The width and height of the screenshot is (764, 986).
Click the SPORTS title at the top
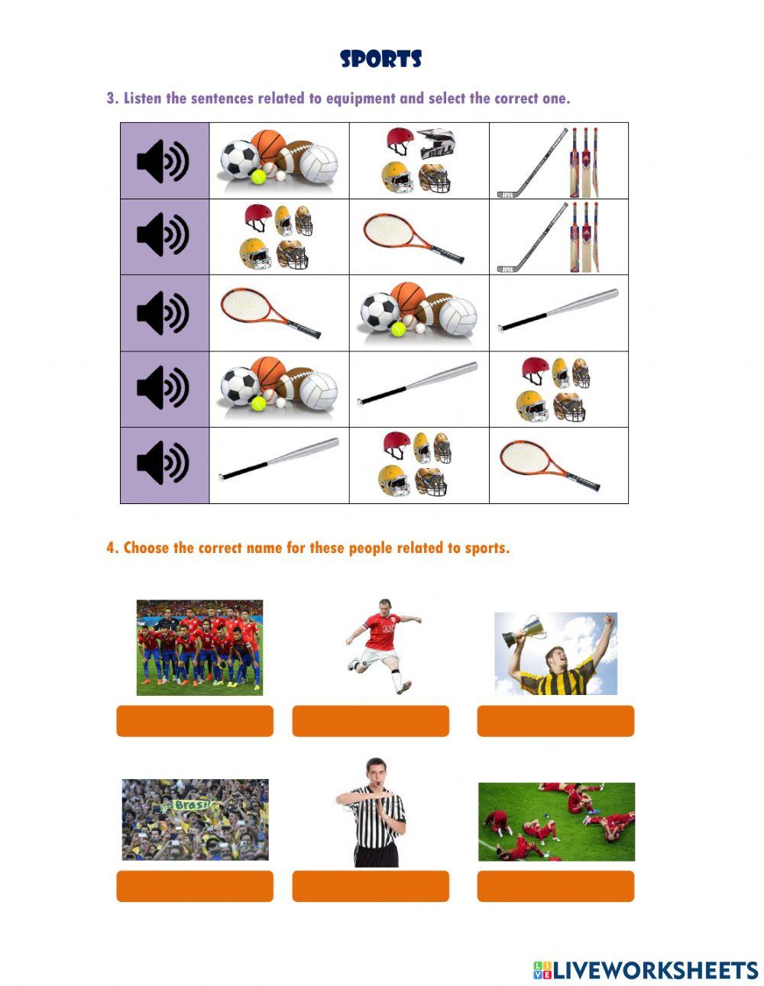click(380, 60)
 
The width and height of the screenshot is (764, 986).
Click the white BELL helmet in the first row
click(436, 143)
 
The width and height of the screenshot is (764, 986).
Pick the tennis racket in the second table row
click(413, 238)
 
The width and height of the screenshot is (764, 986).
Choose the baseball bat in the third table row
click(558, 309)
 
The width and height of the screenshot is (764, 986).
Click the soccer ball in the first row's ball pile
click(238, 160)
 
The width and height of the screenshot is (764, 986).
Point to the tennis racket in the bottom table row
click(549, 466)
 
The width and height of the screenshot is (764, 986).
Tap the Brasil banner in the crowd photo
click(188, 805)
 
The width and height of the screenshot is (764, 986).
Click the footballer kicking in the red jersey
click(380, 645)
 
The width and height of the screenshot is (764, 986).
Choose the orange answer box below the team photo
click(194, 721)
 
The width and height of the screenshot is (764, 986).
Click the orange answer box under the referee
click(370, 886)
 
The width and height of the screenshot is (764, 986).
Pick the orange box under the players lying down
click(555, 886)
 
